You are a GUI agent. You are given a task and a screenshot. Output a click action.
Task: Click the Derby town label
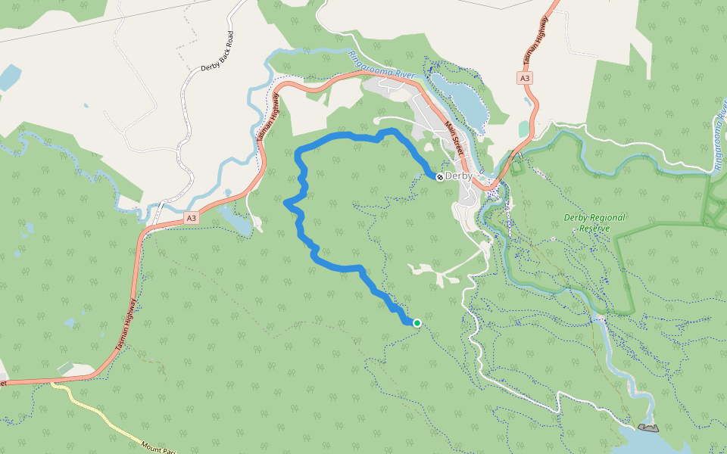point(459,176)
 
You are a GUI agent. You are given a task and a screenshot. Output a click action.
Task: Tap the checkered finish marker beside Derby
point(439,176)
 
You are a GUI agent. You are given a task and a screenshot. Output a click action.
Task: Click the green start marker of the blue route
point(417,323)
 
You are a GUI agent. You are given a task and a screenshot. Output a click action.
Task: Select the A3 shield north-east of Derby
point(526,78)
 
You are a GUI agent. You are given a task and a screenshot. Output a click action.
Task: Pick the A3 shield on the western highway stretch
point(191,219)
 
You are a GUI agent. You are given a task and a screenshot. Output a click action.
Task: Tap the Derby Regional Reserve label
point(594,222)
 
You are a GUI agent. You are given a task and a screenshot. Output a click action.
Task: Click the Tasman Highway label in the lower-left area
point(126,323)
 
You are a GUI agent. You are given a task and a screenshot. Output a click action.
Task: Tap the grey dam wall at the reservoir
point(648,428)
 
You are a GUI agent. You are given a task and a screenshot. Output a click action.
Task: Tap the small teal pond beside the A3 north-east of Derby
point(523,129)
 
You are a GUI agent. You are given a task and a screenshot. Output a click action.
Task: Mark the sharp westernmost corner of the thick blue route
point(285,203)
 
